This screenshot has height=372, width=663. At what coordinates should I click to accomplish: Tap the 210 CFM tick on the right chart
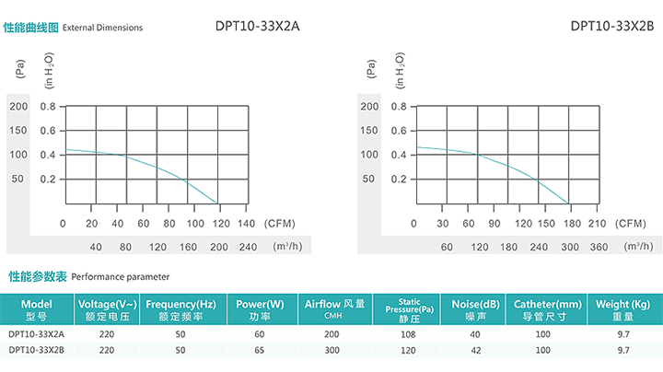point(596,223)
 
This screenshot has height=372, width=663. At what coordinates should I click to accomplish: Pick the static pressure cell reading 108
point(409,334)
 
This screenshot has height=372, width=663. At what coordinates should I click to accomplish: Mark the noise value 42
point(476,350)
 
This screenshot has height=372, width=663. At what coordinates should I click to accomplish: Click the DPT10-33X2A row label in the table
point(36,334)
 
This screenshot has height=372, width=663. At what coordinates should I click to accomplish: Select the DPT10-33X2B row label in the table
point(36,350)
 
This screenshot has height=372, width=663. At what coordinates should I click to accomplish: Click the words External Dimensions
point(102,28)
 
